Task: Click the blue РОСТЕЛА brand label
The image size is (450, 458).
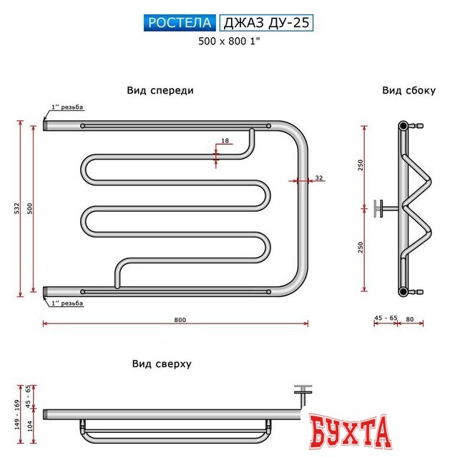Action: tap(180, 23)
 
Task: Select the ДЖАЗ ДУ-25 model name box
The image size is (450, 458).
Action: tap(266, 23)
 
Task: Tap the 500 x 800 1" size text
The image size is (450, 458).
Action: tap(228, 42)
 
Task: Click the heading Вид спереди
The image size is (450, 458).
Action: tap(160, 91)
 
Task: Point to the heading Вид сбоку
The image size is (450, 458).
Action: tap(409, 91)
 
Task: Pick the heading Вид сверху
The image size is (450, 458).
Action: tap(162, 364)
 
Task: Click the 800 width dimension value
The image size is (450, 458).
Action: tap(179, 319)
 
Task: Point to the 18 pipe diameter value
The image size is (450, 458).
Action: tap(225, 142)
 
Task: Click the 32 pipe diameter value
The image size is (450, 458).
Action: tap(318, 177)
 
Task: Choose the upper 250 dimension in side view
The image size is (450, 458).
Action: tap(361, 165)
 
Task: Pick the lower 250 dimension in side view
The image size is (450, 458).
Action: tap(361, 247)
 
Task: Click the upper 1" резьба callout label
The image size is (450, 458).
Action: tap(67, 108)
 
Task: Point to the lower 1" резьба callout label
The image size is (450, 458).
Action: tap(67, 303)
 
